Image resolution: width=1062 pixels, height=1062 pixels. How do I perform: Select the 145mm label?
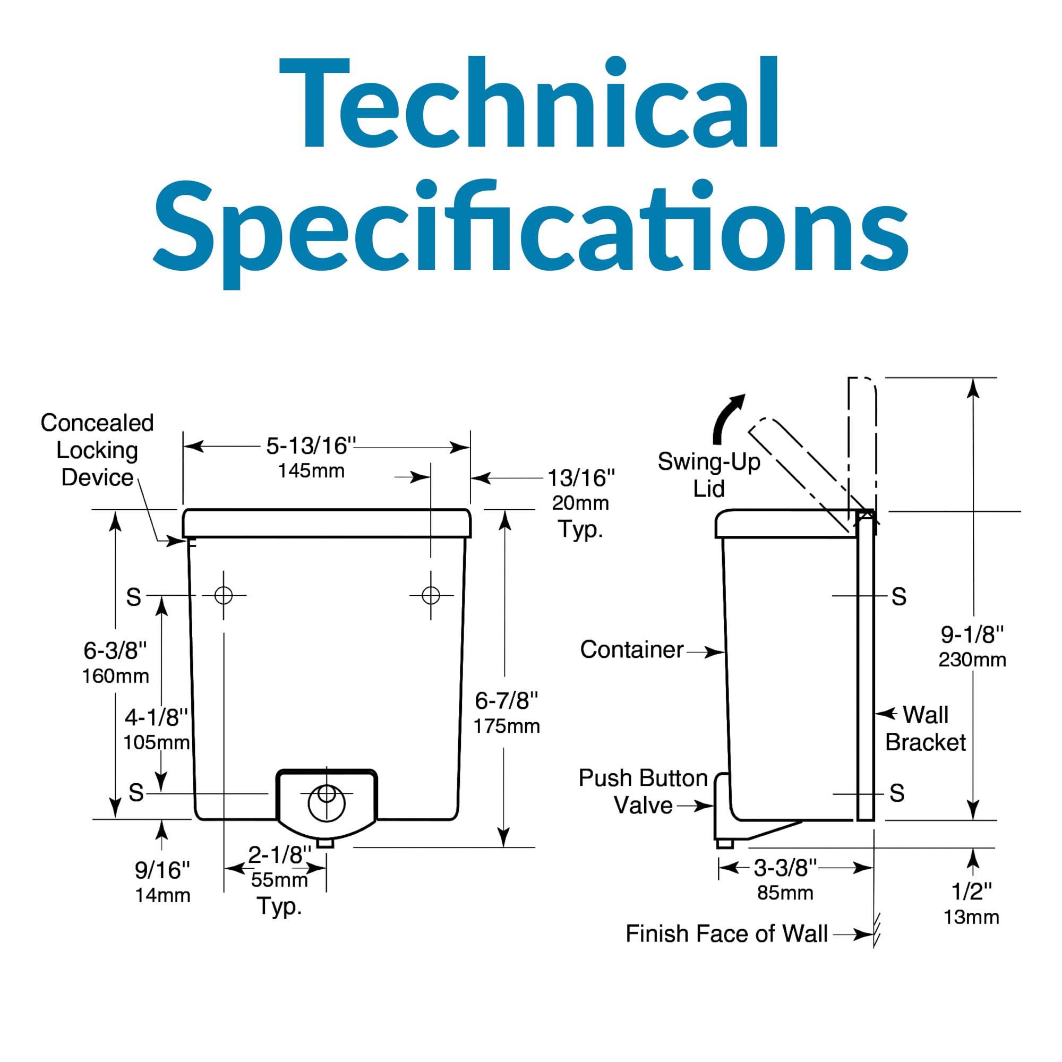[x=311, y=471]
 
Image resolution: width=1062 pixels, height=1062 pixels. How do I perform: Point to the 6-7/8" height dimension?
[x=506, y=701]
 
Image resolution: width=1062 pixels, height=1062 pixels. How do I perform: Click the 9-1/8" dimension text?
[x=972, y=635]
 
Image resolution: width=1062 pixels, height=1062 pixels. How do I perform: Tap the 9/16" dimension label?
[x=162, y=870]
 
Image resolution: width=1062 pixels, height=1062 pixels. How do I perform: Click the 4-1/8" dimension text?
[x=157, y=717]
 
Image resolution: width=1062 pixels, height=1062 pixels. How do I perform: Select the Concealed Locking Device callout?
[x=97, y=450]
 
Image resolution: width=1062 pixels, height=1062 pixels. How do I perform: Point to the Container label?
[x=632, y=650]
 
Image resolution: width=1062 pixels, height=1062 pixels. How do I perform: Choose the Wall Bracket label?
[x=926, y=729]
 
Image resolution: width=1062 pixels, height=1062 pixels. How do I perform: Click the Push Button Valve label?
[x=643, y=792]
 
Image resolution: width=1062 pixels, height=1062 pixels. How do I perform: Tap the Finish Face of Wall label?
[x=727, y=933]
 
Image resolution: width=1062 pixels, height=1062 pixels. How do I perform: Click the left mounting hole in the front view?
[x=224, y=595]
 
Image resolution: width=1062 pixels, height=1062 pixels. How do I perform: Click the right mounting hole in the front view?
[x=431, y=595]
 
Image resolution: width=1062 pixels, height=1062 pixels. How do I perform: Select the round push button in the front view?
[x=327, y=804]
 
